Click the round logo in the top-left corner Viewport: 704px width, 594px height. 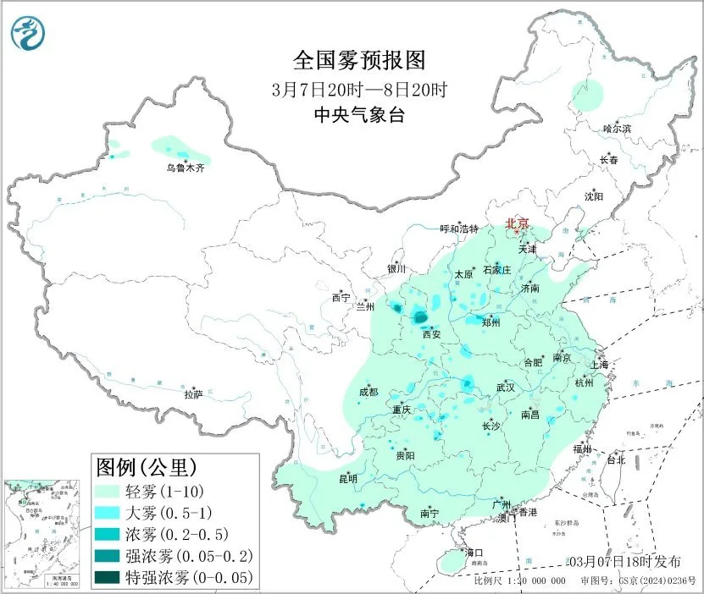tap(27, 32)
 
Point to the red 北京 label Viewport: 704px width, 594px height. tap(517, 223)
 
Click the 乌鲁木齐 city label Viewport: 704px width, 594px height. tap(185, 168)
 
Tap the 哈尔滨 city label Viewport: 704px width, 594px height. tap(617, 129)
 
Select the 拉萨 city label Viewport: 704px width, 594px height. tap(193, 394)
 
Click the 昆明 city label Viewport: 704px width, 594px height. tap(348, 479)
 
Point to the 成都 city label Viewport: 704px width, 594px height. tap(369, 392)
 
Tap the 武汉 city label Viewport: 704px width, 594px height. tap(507, 388)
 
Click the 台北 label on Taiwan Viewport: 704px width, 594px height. tap(615, 460)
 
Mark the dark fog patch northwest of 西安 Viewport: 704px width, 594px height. tap(419, 318)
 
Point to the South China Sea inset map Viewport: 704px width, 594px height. tap(43, 533)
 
